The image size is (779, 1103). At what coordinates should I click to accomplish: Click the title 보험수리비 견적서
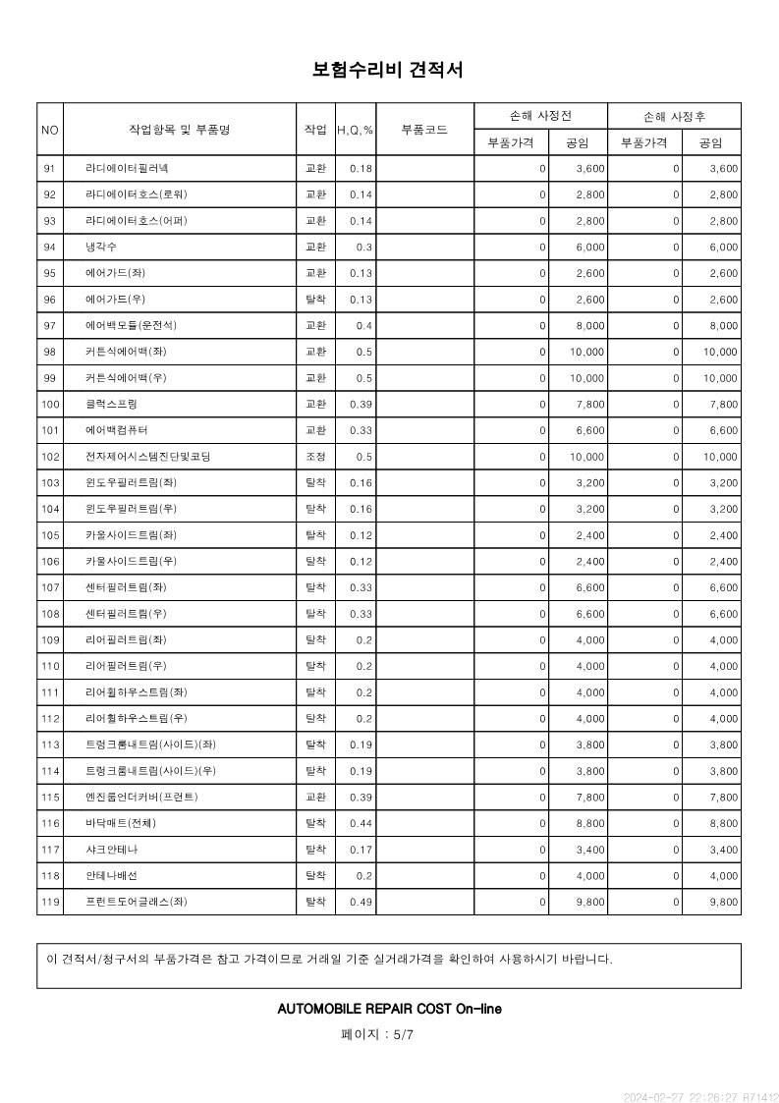pos(388,70)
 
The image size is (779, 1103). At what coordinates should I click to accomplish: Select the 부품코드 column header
pos(424,129)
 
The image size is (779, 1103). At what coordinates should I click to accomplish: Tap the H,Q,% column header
pos(355,130)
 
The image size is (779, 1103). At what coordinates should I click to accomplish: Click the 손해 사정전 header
pos(540,116)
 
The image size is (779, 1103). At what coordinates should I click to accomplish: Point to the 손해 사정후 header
pos(674,116)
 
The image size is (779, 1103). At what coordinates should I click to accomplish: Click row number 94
pos(50,247)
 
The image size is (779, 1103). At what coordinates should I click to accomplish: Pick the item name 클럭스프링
pos(112,404)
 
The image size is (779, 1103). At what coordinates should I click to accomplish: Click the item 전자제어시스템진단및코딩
pos(147,457)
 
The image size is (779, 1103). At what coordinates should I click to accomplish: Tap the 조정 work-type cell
pos(315,457)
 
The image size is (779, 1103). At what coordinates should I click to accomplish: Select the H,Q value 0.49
pos(361,902)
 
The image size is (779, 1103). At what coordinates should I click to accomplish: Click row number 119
pos(50,902)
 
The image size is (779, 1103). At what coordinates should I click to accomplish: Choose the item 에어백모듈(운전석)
pos(132,325)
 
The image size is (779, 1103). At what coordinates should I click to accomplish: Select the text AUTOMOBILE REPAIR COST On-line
pos(389,1009)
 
